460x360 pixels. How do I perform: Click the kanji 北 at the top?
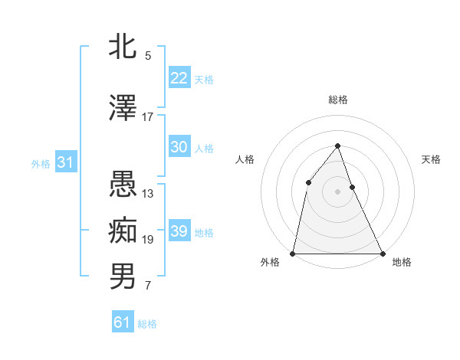(x=123, y=46)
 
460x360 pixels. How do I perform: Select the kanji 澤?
(x=123, y=109)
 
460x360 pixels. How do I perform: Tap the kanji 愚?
(x=123, y=185)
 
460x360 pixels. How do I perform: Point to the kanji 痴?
(x=123, y=230)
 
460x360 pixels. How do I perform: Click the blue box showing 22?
(x=179, y=78)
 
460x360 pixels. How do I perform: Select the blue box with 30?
(x=179, y=147)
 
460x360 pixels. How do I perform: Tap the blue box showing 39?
(x=179, y=231)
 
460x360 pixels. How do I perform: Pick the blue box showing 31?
(x=65, y=162)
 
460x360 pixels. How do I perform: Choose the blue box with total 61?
(x=123, y=322)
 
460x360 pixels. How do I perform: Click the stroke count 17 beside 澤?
(x=148, y=117)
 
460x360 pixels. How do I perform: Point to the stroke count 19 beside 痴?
(x=148, y=240)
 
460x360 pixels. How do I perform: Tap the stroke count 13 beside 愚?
(x=148, y=194)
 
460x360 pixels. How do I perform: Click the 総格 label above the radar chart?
(x=337, y=100)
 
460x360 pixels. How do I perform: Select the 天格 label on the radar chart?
(x=431, y=159)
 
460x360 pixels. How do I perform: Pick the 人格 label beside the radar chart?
(x=245, y=159)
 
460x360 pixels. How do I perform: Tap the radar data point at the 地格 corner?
(x=382, y=253)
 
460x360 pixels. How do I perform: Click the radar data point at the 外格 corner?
(x=293, y=253)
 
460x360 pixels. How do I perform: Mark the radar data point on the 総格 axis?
(x=337, y=146)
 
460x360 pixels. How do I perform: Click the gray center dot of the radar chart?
(x=337, y=191)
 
